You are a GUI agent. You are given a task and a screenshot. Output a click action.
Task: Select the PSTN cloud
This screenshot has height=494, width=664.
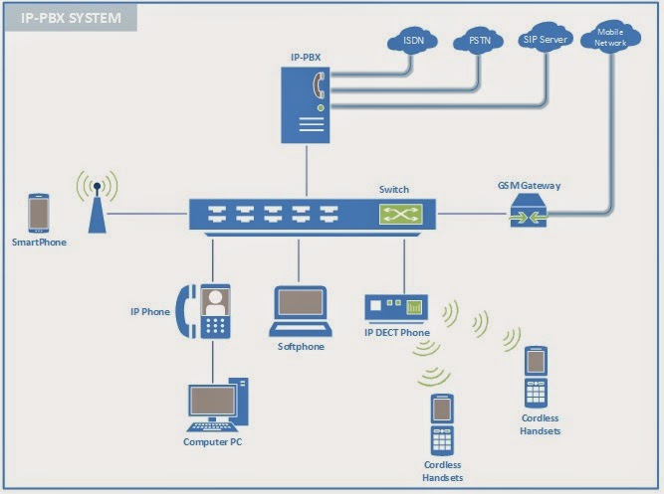(x=480, y=42)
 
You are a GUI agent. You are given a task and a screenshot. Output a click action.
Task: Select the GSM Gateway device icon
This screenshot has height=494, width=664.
(x=529, y=212)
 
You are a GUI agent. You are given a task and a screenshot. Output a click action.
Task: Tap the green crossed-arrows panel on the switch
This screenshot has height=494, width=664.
(x=399, y=213)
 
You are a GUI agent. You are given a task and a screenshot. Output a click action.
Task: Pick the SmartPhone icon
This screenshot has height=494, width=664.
(x=39, y=213)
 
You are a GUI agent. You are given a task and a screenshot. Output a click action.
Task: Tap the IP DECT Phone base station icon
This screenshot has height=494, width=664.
(x=395, y=307)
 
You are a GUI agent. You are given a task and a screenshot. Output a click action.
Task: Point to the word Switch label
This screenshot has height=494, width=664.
(x=394, y=189)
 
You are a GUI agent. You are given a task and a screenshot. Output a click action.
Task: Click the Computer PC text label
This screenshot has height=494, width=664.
(x=212, y=441)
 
